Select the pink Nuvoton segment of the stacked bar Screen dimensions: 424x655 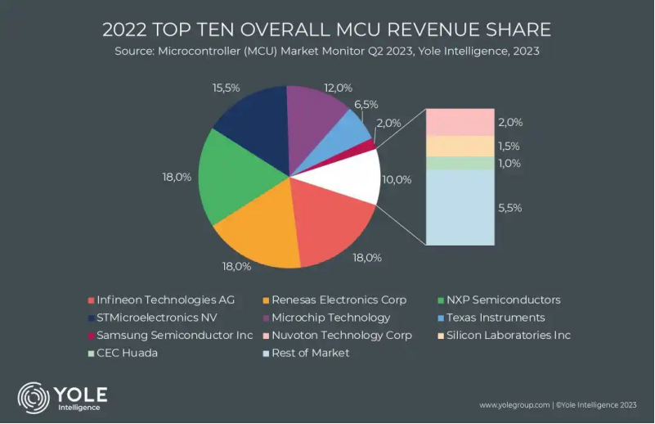pos(459,122)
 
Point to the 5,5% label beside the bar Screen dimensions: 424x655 pos(509,208)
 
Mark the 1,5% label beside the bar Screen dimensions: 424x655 pos(509,146)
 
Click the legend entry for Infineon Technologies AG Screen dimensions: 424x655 pos(164,300)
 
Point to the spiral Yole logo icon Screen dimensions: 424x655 pos(34,398)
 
